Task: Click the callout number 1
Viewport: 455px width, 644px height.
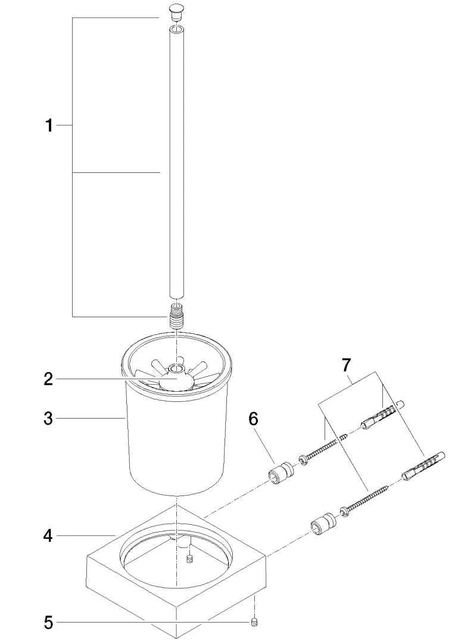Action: coord(49,125)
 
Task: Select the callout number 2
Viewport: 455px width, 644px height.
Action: coord(48,379)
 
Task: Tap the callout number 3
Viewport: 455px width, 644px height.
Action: coord(48,419)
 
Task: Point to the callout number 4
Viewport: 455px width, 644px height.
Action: coord(48,536)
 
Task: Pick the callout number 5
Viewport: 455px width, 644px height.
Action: coord(48,623)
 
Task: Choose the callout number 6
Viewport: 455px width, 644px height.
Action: coord(253,419)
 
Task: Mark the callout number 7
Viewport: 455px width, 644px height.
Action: coord(346,365)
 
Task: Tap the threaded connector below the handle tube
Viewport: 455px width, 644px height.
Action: coord(176,315)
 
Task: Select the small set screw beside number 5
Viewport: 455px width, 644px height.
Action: coord(255,623)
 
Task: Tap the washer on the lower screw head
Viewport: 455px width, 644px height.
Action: coord(345,512)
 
